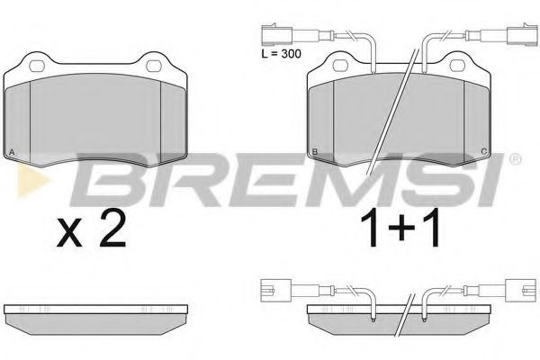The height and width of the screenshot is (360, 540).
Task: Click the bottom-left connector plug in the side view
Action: (270, 291)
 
